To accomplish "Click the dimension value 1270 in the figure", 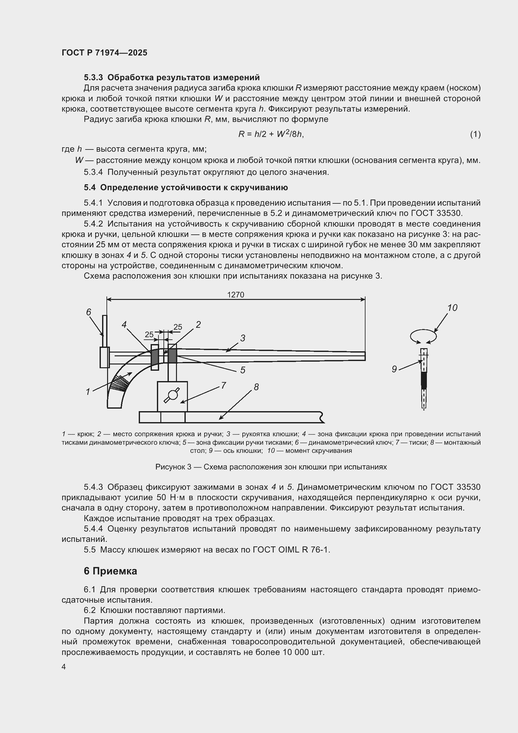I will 236,295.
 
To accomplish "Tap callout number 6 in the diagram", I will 89,312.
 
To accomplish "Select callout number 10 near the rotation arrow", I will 452,308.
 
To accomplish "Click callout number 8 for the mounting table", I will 256,387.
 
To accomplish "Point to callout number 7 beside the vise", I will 224,385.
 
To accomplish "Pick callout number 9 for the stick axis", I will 394,369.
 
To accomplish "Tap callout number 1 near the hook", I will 88,392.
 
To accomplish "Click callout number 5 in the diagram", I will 243,370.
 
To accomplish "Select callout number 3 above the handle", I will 243,338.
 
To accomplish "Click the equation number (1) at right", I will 475,134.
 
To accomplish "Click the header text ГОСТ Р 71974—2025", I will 105,53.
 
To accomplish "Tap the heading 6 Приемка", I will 110,571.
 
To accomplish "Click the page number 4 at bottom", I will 64,667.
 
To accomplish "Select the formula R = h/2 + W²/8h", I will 271,134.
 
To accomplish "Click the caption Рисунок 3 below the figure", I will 271,467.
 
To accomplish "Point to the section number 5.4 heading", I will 90,187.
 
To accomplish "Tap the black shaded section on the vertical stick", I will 424,380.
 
